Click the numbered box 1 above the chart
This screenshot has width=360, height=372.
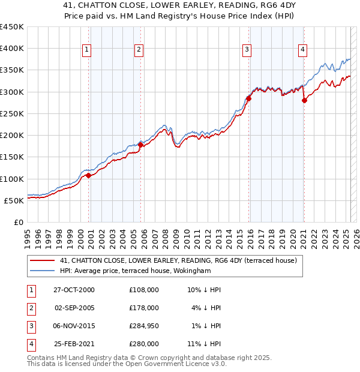pyautogui.click(x=87, y=50)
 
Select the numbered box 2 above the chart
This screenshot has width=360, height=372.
pyautogui.click(x=139, y=50)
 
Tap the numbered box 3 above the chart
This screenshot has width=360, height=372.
pyautogui.click(x=247, y=50)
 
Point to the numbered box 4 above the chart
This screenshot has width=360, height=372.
pyautogui.click(x=303, y=50)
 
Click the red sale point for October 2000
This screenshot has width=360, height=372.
pyautogui.click(x=89, y=175)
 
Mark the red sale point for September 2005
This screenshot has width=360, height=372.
pyautogui.click(x=140, y=145)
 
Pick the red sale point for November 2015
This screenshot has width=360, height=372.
pyautogui.click(x=248, y=98)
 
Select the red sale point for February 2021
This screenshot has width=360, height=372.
pyautogui.click(x=304, y=101)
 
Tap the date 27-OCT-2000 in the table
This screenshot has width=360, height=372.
pyautogui.click(x=74, y=289)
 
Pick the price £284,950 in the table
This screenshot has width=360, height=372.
pyautogui.click(x=144, y=326)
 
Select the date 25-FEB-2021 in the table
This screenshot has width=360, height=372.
pyautogui.click(x=74, y=344)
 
